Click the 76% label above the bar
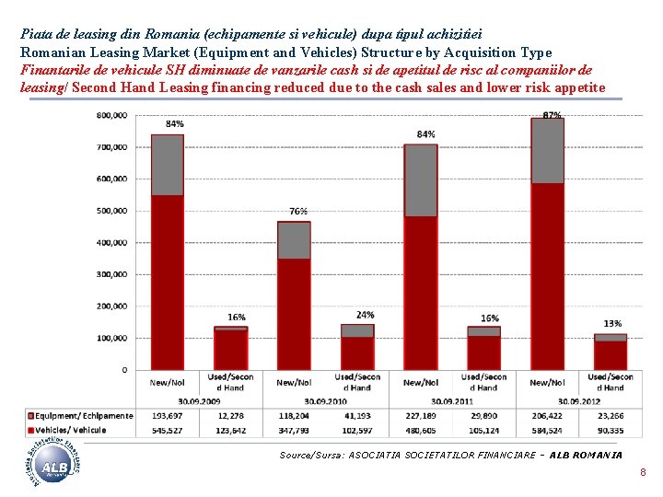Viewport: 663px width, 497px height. pos(297,211)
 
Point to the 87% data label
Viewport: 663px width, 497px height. pos(552,116)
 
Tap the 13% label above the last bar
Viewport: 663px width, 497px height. pos(611,323)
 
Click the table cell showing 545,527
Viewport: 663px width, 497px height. pos(167,430)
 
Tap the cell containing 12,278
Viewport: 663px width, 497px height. pos(230,417)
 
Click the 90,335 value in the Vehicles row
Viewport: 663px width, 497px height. pos(610,430)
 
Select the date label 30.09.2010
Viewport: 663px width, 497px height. pos(325,401)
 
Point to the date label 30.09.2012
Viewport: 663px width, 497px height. pos(578,401)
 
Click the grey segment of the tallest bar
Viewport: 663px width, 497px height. pos(547,151)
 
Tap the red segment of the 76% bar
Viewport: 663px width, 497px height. pos(294,313)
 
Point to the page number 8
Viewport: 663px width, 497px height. pos(643,473)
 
